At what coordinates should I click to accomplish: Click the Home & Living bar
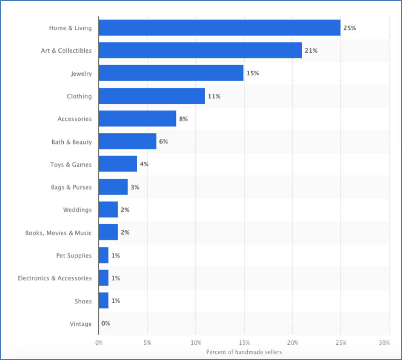tap(219, 28)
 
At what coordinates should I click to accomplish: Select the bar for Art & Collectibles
tap(200, 50)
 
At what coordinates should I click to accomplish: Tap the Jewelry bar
tap(171, 73)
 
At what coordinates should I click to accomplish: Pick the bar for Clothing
tap(152, 96)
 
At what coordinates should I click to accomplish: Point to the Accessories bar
tap(137, 119)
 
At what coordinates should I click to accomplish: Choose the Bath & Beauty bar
tap(128, 141)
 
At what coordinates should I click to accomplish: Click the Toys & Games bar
tap(118, 164)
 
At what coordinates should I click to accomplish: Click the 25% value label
tap(349, 28)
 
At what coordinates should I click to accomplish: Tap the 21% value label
tap(311, 51)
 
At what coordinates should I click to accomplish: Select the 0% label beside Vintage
tap(106, 324)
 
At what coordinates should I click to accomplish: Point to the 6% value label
tap(164, 142)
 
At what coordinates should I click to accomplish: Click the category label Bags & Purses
tap(71, 187)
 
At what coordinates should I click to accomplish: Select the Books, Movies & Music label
tap(59, 233)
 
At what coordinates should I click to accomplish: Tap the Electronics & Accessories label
tap(55, 278)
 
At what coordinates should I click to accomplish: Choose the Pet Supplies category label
tap(74, 256)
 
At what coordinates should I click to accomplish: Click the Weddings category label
tap(78, 210)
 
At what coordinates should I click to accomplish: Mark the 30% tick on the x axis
tap(384, 343)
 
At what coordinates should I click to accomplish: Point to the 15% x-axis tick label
tap(244, 343)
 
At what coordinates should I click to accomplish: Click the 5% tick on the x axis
tap(147, 343)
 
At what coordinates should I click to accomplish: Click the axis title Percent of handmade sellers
tap(244, 352)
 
